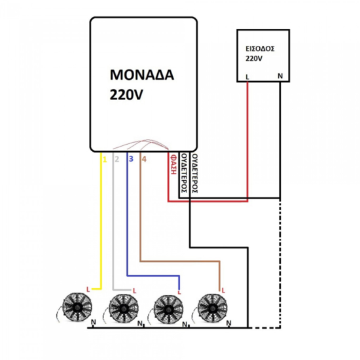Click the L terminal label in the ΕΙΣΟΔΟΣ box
pos(247,77)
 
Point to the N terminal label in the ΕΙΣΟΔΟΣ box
pos(280,77)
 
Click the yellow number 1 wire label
pos(103,158)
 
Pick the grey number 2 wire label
pos(117,158)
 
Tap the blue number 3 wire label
pos(130,158)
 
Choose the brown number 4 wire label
pos(144,158)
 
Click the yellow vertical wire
pos(101,223)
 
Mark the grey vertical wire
pos(115,223)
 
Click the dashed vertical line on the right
pos(280,262)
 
